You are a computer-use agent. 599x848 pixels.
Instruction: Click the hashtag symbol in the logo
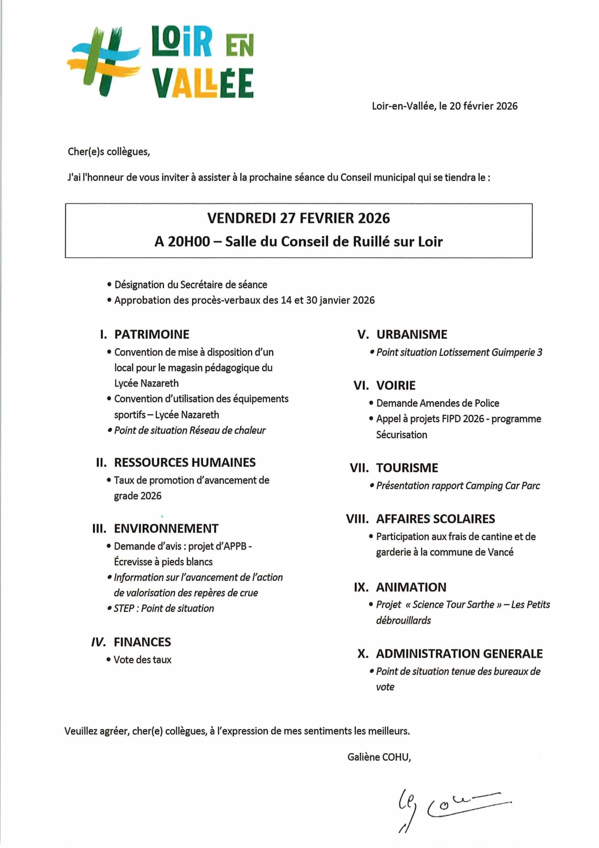[x=104, y=61]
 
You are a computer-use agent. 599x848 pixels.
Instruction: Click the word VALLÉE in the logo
[x=203, y=83]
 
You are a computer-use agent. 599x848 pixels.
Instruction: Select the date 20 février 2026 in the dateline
[x=484, y=106]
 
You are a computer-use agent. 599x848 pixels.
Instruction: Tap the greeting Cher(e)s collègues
[x=109, y=152]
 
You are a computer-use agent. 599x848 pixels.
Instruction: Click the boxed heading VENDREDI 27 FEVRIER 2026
[x=298, y=218]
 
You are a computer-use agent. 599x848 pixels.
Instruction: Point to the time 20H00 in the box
[x=189, y=241]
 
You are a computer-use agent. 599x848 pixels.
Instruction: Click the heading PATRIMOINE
[x=152, y=334]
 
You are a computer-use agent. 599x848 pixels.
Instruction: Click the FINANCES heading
[x=142, y=642]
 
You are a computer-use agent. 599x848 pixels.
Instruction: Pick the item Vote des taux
[x=142, y=660]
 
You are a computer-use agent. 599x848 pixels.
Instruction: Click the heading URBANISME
[x=411, y=334]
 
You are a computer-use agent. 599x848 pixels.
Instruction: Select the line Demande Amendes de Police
[x=438, y=403]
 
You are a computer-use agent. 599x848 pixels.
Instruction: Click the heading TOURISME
[x=407, y=468]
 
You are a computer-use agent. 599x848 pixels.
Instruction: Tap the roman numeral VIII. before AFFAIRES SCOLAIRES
[x=357, y=518]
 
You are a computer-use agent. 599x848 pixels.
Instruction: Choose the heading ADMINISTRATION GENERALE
[x=459, y=653]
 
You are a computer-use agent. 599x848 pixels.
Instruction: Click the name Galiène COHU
[x=379, y=757]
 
